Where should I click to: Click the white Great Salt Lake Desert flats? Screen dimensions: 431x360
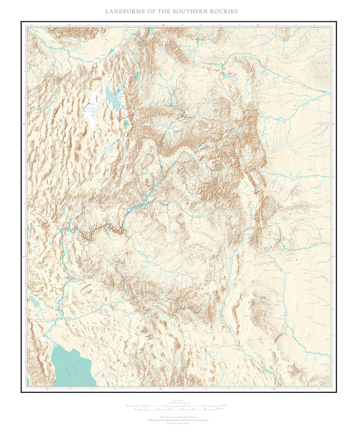click(x=90, y=109)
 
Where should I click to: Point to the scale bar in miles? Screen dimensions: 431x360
click(x=179, y=405)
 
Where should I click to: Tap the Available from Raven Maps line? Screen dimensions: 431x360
click(x=179, y=419)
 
